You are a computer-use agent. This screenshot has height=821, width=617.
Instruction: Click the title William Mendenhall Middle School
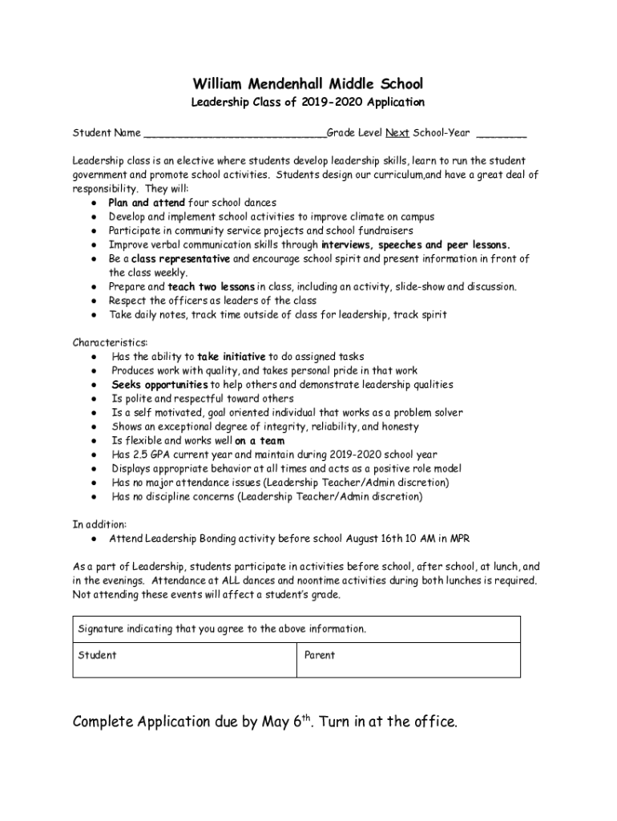[308, 84]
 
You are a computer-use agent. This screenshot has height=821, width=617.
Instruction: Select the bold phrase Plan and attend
[147, 203]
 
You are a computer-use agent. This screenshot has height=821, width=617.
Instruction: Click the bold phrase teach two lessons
[212, 286]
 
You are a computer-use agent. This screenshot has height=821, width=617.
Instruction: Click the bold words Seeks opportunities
[159, 385]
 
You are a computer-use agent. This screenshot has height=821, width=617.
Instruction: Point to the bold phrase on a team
[260, 440]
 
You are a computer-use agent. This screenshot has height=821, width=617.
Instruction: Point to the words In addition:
[99, 524]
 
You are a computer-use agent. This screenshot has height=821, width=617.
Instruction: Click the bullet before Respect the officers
[95, 301]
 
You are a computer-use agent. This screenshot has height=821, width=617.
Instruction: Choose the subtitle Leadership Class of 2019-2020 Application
[308, 103]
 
